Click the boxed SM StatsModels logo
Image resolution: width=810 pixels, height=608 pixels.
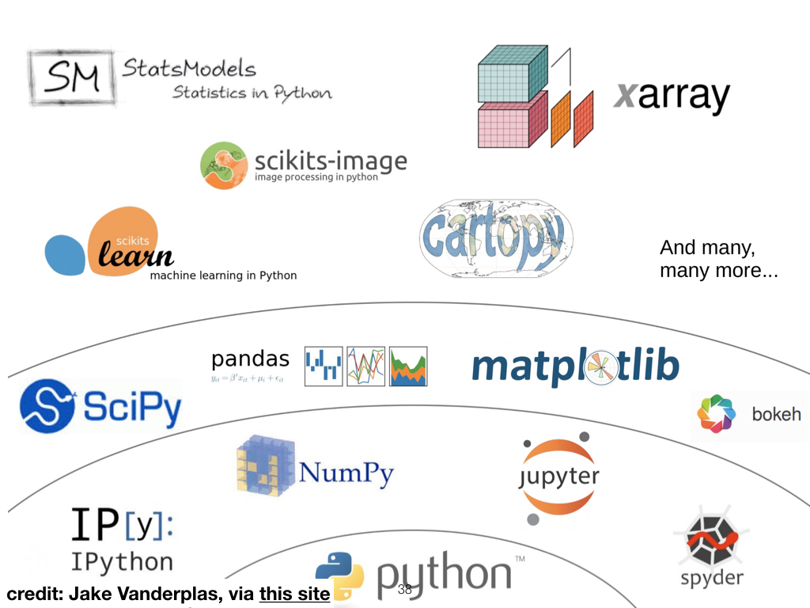[x=73, y=78]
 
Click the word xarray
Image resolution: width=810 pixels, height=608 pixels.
[x=671, y=97]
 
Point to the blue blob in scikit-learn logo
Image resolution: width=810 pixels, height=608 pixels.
[x=64, y=254]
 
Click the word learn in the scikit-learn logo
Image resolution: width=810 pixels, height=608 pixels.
[x=135, y=255]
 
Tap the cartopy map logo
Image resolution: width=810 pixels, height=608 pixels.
[x=496, y=237]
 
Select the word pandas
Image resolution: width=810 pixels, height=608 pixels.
[x=250, y=359]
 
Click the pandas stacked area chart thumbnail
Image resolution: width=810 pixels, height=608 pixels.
[x=408, y=366]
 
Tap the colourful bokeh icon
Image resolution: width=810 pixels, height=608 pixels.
[x=716, y=414]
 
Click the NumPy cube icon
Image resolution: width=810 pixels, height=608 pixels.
[x=265, y=465]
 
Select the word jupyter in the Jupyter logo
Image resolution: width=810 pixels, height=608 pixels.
[x=558, y=477]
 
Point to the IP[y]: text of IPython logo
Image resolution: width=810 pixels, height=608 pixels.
[x=123, y=524]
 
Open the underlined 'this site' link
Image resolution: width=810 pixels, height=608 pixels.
[x=293, y=594]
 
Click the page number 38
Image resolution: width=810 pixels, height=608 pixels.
[x=405, y=590]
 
